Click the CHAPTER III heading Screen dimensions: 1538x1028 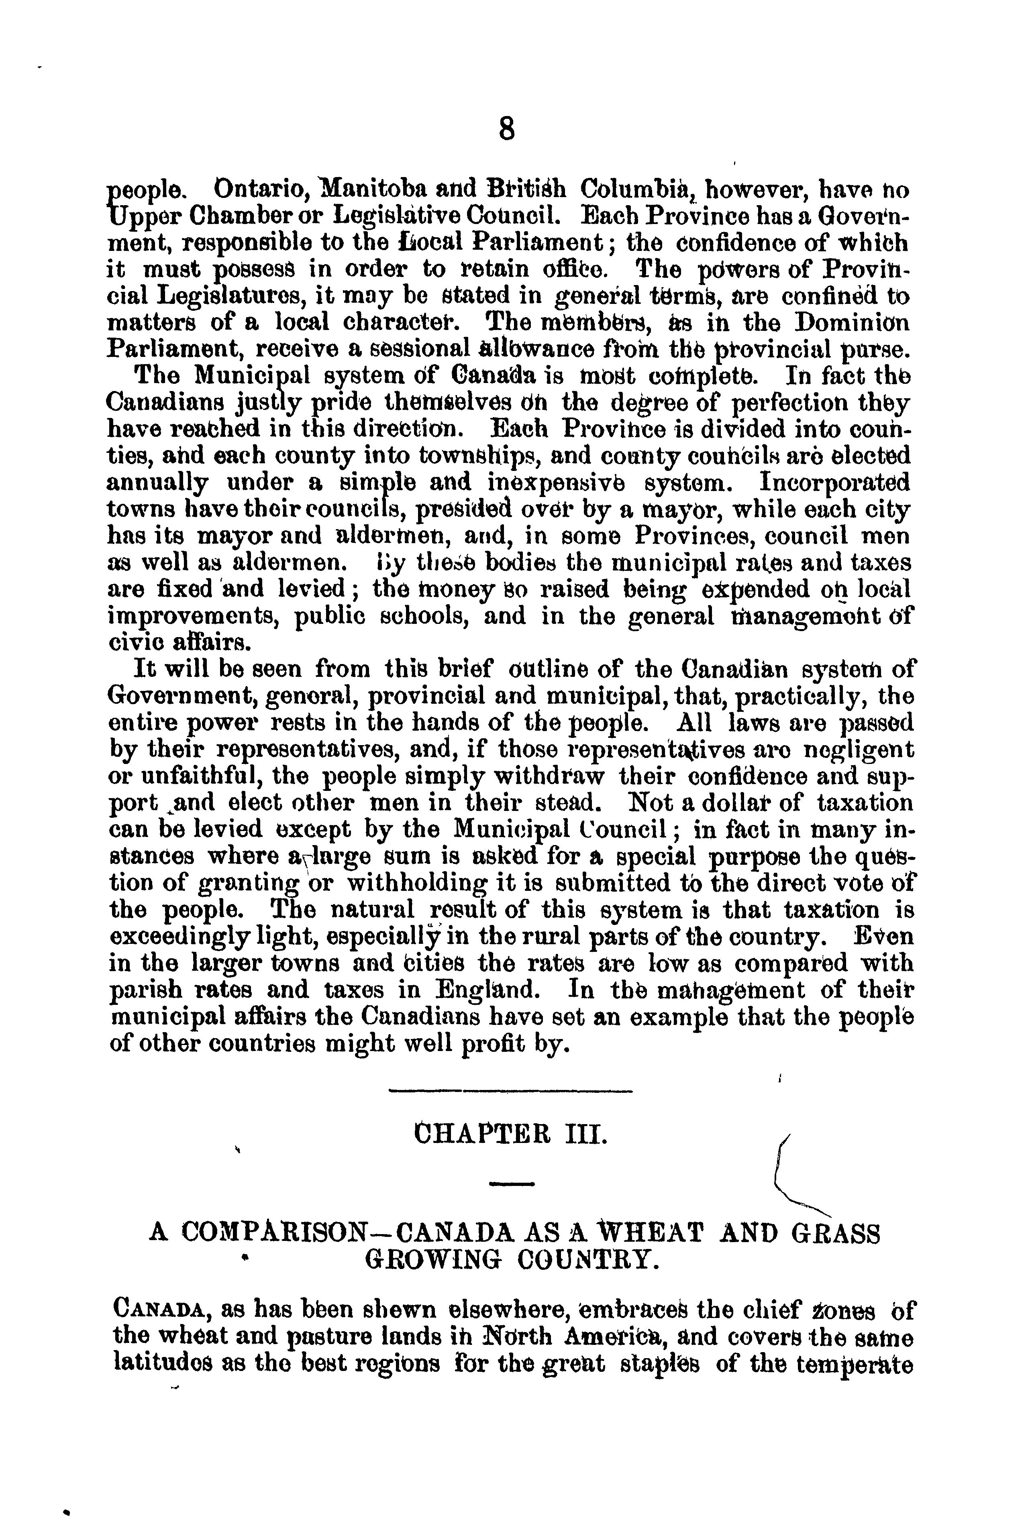508,1133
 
